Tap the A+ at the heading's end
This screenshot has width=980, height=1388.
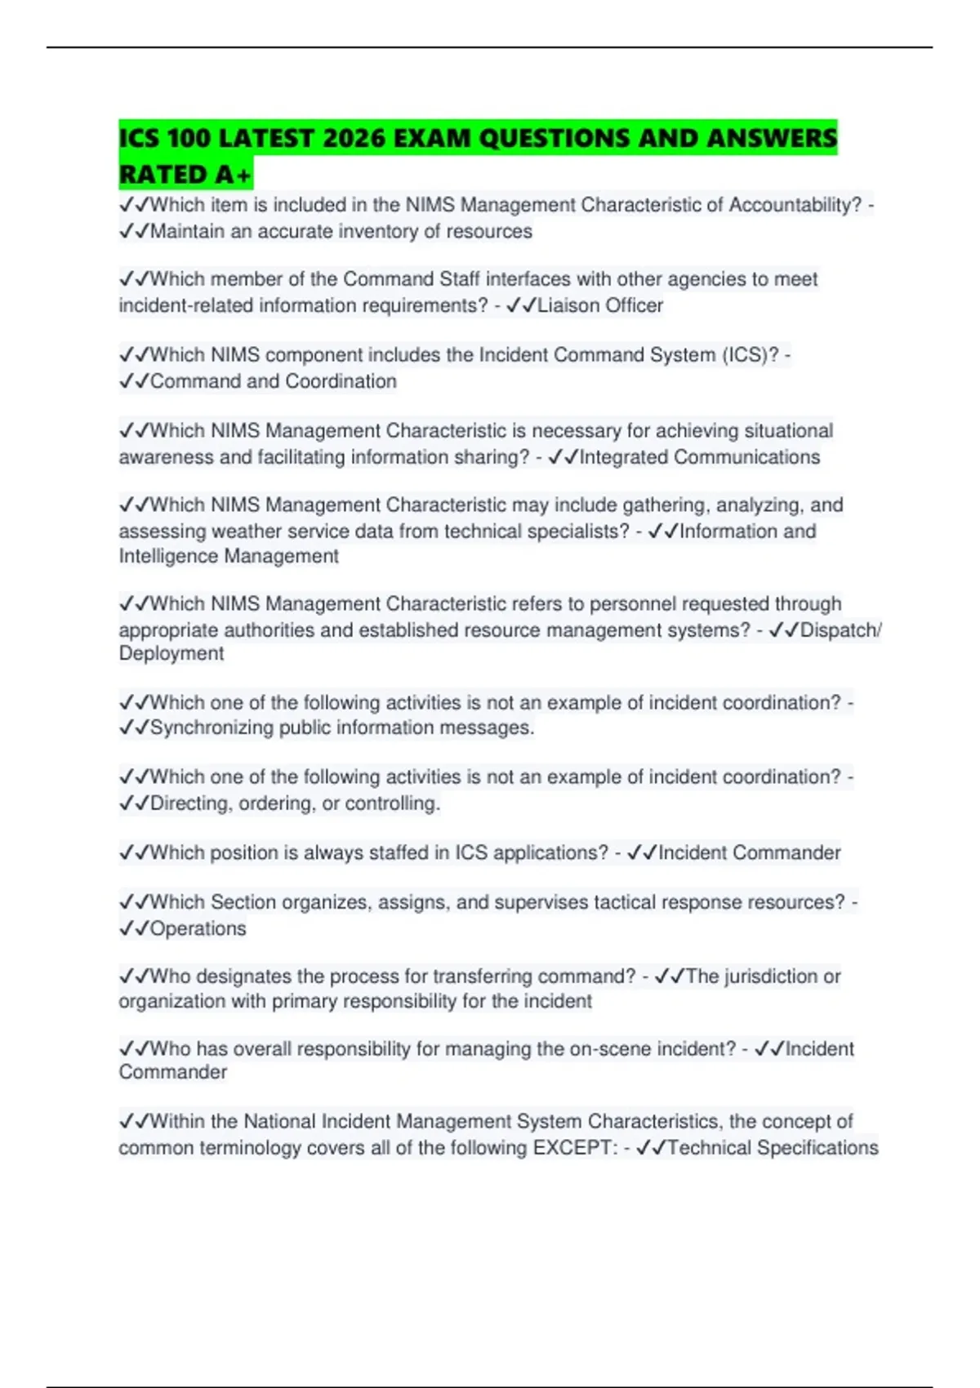[x=233, y=174]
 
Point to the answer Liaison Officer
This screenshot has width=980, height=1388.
[x=599, y=305]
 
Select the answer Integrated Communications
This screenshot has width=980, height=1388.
[x=699, y=457]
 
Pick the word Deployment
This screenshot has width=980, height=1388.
[x=171, y=653]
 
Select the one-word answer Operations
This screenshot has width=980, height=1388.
[x=198, y=928]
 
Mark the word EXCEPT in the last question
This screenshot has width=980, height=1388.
[x=571, y=1148]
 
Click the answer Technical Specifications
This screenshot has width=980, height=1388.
[x=772, y=1148]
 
